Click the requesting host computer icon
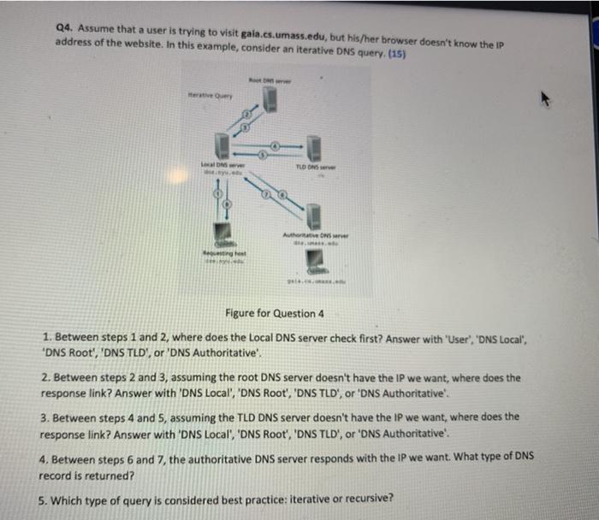pyautogui.click(x=223, y=231)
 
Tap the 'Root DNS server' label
pyautogui.click(x=270, y=80)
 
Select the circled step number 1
pyautogui.click(x=227, y=204)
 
